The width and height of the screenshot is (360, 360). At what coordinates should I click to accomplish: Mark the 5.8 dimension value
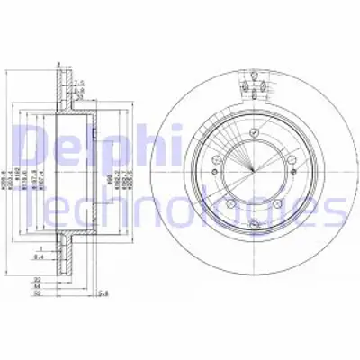[x=104, y=293]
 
